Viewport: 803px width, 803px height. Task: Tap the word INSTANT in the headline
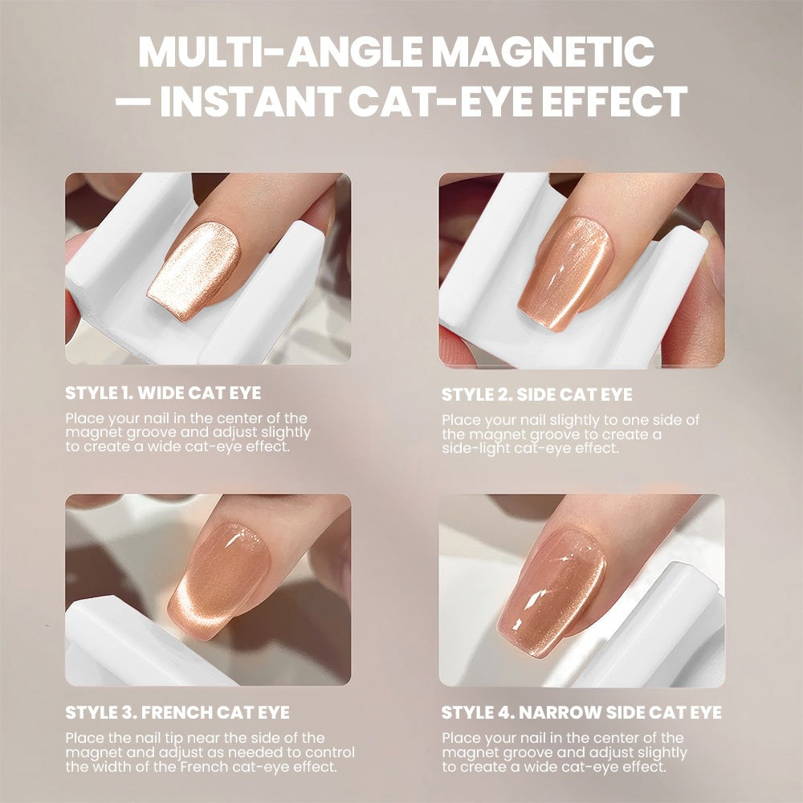[x=251, y=101]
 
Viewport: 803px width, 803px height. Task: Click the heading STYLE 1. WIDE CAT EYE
[x=163, y=393]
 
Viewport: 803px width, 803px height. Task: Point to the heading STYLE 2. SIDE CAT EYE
[x=536, y=394]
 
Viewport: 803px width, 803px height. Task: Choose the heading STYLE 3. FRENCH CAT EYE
[x=177, y=712]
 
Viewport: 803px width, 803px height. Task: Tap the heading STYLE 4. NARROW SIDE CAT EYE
[x=581, y=712]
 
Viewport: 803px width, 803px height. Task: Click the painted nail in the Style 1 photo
[x=194, y=270]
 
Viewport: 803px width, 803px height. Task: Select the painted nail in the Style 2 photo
[x=565, y=272]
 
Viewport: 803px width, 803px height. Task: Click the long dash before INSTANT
[x=133, y=101]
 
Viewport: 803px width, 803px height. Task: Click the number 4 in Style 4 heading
[x=504, y=712]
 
